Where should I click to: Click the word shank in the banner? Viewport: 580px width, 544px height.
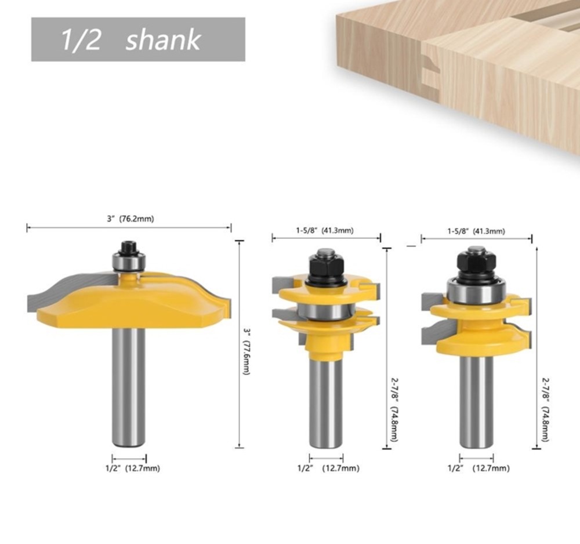(x=163, y=41)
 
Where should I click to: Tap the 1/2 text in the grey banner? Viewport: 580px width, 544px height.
(x=80, y=39)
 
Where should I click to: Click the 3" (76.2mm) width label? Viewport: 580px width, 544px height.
(x=130, y=219)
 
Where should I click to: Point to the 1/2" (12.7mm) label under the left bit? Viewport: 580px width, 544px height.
(x=133, y=468)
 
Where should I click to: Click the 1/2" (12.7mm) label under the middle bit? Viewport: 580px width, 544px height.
(x=328, y=468)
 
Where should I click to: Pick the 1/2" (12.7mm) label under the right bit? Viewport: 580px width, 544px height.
(x=478, y=468)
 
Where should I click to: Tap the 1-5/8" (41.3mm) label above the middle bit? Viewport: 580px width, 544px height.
(x=325, y=230)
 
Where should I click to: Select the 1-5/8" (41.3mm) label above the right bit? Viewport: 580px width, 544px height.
(x=476, y=231)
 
